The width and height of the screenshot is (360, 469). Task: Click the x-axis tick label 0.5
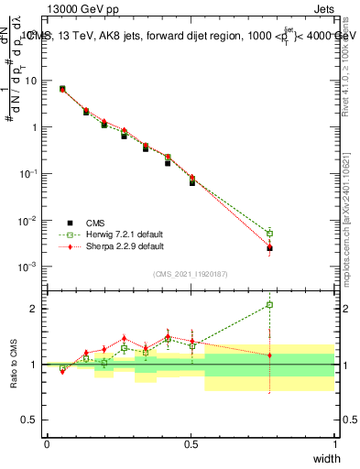191,444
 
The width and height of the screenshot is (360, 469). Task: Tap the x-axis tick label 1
335,444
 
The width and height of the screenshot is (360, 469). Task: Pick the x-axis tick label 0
47,444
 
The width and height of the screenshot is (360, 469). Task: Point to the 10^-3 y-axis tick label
27,267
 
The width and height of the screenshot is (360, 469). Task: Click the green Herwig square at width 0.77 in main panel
269,233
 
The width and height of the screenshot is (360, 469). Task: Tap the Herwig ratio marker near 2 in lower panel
269,305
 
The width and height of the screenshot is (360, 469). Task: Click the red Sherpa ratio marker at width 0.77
269,355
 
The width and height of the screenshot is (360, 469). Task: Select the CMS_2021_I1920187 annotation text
190,274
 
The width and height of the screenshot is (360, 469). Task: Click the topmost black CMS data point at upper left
61,89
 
